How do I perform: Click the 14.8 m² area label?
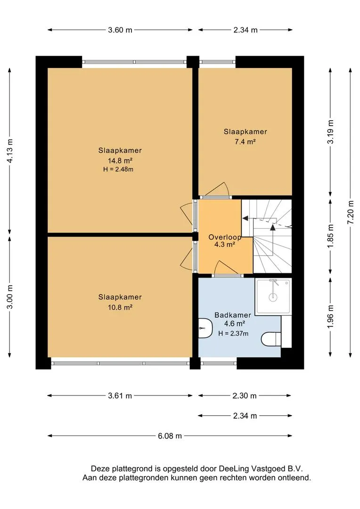[120, 160]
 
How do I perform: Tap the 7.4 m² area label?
[245, 141]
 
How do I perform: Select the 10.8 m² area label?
[120, 307]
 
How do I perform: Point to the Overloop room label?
[225, 237]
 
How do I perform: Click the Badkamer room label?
[233, 315]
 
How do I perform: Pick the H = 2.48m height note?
[118, 169]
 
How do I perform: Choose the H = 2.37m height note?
[233, 333]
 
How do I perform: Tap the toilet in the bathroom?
[271, 339]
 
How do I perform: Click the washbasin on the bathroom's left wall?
[205, 328]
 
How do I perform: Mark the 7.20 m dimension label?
[350, 212]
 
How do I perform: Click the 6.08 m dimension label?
[170, 436]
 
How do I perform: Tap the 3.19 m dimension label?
[330, 132]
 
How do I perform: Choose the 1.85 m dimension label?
[330, 236]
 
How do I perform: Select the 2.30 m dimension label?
[245, 396]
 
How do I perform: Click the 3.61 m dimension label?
[120, 396]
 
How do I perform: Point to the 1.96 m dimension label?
[330, 317]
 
